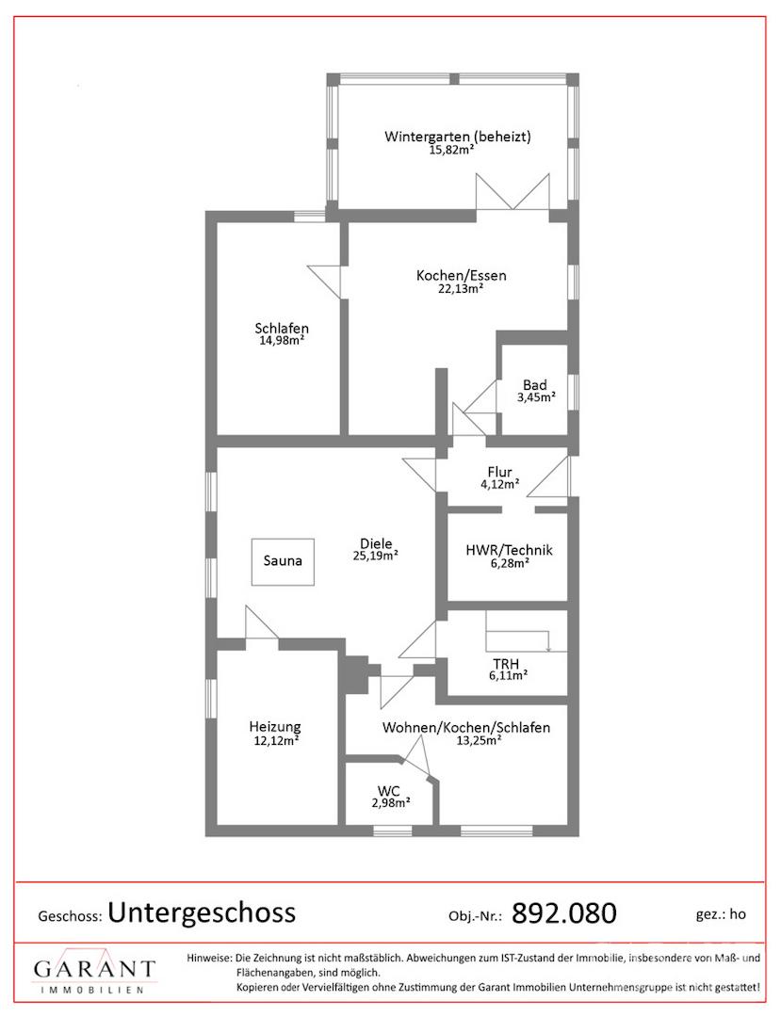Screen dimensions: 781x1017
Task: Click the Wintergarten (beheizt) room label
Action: (457, 137)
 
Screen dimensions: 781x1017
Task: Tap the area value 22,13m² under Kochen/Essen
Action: (461, 289)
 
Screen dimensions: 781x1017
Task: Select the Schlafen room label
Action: (282, 329)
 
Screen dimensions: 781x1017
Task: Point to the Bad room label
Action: (535, 384)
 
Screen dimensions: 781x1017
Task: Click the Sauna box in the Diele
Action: (283, 561)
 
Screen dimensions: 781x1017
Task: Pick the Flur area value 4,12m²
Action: (499, 484)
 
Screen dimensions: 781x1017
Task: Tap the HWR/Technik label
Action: (510, 550)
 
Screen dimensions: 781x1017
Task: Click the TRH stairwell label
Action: (506, 664)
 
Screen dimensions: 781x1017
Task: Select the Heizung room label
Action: (275, 727)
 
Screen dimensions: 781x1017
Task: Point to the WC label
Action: (389, 791)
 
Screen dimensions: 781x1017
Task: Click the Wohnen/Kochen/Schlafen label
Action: (466, 728)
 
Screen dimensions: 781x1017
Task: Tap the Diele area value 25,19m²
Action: (376, 556)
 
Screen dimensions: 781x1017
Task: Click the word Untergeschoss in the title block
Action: (202, 912)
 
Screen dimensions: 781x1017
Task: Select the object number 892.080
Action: (564, 913)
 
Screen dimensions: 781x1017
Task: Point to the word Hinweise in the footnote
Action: (208, 958)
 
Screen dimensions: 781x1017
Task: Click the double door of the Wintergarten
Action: (513, 192)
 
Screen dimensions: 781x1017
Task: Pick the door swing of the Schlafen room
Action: (324, 281)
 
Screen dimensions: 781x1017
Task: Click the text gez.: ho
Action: (721, 914)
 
